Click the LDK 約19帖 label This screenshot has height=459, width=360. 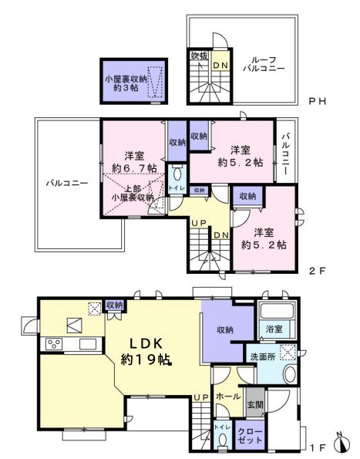point(146,351)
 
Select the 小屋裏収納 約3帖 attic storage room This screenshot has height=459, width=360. point(134,81)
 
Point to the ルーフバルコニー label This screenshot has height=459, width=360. point(264,64)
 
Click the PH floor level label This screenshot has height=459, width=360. point(318,101)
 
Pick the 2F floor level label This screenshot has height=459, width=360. point(318,271)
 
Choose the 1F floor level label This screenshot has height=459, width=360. point(318,447)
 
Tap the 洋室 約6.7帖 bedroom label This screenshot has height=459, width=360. point(134,162)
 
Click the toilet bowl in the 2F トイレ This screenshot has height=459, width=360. point(177,174)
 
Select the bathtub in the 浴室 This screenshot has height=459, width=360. point(277,311)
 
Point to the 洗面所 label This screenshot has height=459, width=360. point(262,357)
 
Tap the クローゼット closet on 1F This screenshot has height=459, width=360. point(250,435)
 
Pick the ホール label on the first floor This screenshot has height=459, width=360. point(228,397)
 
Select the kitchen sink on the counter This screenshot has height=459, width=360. point(88,344)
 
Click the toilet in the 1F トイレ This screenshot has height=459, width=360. point(223,440)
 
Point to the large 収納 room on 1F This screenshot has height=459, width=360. point(224,330)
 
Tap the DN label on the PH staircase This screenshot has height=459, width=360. point(220,66)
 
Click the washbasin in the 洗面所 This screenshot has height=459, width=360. point(290,374)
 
